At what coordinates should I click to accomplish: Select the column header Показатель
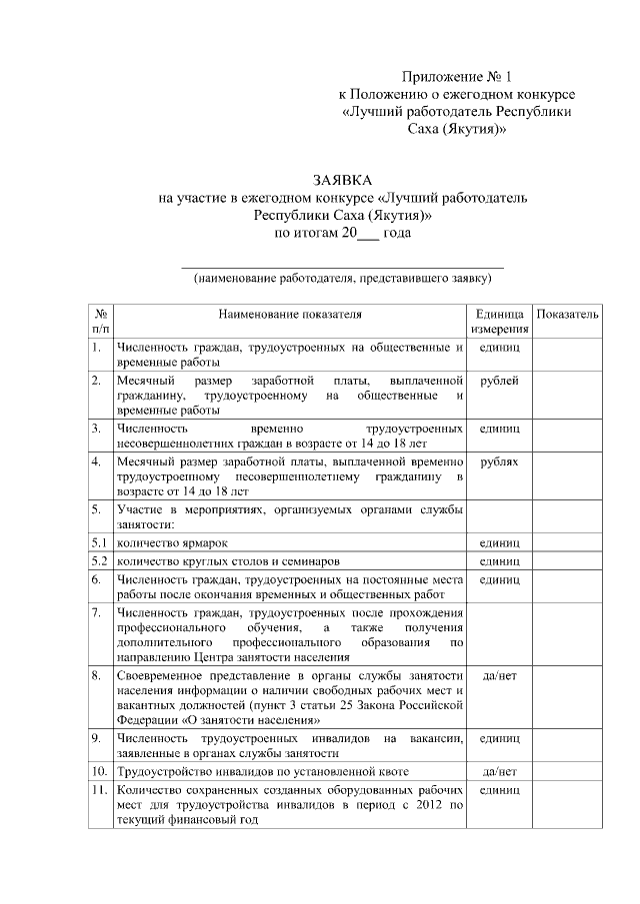[567, 315]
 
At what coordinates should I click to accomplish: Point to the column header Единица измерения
[499, 321]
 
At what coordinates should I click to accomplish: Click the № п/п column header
[100, 321]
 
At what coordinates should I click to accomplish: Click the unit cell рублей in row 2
[499, 382]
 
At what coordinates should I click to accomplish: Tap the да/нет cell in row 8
[499, 676]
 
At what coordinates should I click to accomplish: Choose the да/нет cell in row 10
[499, 772]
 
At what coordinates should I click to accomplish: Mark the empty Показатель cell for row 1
[567, 356]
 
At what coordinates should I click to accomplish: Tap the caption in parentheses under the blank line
[342, 279]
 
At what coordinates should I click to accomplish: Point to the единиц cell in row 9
[499, 739]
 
